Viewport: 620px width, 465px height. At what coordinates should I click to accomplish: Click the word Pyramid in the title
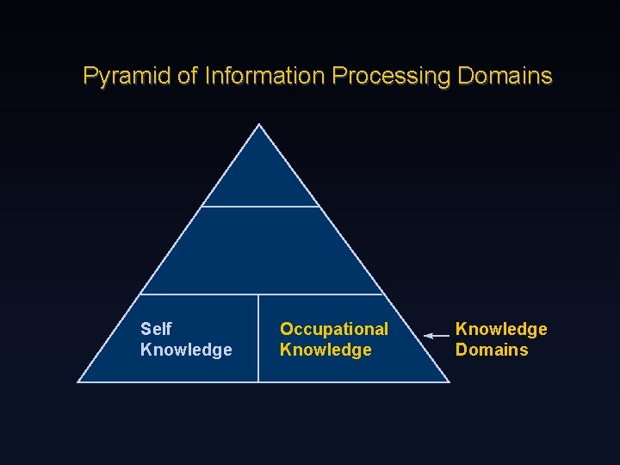[x=127, y=77]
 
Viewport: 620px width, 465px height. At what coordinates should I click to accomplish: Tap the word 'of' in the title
[x=188, y=77]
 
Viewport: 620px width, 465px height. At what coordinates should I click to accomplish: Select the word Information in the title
[x=264, y=77]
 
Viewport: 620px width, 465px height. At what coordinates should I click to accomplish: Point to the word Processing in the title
[x=391, y=77]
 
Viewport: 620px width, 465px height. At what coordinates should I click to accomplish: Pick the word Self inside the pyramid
[x=156, y=329]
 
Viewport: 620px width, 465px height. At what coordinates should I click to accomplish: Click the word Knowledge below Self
[x=186, y=350]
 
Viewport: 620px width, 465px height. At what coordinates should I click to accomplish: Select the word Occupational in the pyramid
[x=334, y=329]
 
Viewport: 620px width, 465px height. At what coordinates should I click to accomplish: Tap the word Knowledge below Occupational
[x=325, y=350]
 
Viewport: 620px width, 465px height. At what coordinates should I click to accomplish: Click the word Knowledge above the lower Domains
[x=501, y=329]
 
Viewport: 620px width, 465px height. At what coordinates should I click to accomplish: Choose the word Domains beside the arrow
[x=492, y=350]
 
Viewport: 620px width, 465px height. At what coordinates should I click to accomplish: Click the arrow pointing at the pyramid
[x=437, y=335]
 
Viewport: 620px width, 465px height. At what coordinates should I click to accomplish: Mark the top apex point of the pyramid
[x=259, y=125]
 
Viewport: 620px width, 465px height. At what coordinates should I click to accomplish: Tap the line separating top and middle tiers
[x=260, y=207]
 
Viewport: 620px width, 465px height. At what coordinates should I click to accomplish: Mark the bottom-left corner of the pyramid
[x=78, y=381]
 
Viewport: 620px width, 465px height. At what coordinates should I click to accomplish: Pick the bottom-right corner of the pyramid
[x=449, y=381]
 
